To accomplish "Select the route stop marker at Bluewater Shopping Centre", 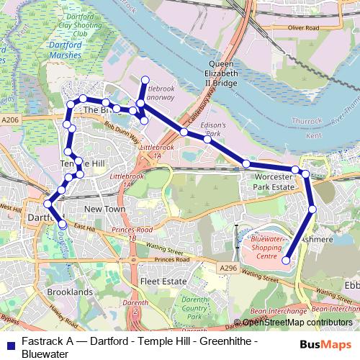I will [285, 261].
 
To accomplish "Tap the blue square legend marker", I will [9, 343].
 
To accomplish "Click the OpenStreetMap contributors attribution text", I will [297, 323].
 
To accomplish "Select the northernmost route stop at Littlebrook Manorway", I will [145, 80].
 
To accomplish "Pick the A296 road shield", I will [228, 268].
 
